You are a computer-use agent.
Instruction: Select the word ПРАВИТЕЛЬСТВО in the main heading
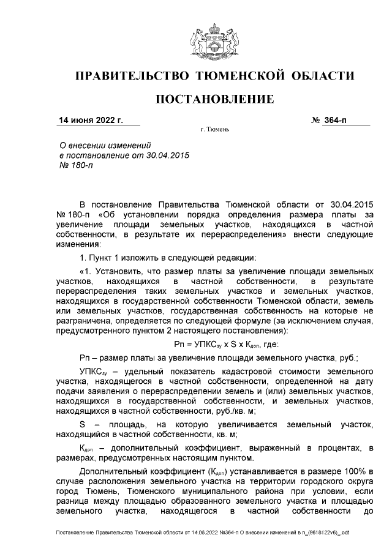pos(130,76)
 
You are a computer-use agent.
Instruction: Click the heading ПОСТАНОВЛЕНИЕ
pos(214,99)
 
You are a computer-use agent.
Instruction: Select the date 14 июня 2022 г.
pos(90,119)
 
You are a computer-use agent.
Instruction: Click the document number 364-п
pos(336,119)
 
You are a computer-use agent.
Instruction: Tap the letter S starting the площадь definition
pos(83,424)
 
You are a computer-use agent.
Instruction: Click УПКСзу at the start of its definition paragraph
pos(93,372)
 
